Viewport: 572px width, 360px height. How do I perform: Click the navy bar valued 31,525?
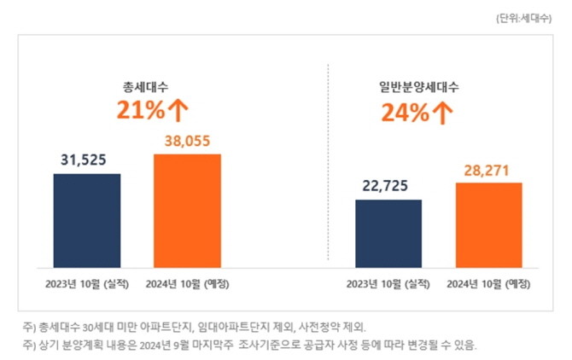[x=86, y=219]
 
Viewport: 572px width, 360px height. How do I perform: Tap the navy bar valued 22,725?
[x=388, y=232]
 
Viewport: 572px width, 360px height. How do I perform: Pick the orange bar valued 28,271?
[x=489, y=224]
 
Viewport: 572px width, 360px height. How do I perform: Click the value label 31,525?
[x=86, y=160]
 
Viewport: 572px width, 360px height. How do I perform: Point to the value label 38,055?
[x=187, y=141]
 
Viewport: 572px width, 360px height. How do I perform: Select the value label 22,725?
[x=388, y=186]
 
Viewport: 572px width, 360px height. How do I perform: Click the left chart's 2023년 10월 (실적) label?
[x=86, y=283]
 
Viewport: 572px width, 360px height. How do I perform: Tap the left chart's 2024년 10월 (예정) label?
[x=188, y=283]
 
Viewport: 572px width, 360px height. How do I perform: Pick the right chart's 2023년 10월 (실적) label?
[x=388, y=283]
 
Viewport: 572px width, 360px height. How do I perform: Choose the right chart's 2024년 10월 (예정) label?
[x=489, y=283]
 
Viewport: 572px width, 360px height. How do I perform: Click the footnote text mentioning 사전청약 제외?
[x=196, y=327]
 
